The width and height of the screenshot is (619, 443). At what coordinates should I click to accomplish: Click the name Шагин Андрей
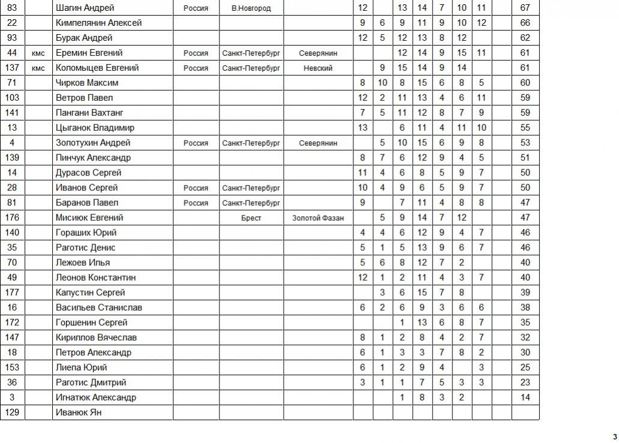point(84,8)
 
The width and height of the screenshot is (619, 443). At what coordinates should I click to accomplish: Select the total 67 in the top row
point(525,8)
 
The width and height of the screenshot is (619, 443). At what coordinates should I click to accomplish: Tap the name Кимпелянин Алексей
point(99,23)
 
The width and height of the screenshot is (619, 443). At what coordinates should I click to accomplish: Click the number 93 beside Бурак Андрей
point(12,38)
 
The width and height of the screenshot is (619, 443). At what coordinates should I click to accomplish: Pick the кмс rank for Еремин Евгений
point(38,53)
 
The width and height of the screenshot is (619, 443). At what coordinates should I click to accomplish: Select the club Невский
point(318,68)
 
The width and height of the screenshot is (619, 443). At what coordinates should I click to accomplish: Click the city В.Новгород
point(251,8)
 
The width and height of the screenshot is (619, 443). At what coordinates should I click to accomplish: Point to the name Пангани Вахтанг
point(89,113)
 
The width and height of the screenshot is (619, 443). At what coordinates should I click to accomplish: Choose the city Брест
point(251,218)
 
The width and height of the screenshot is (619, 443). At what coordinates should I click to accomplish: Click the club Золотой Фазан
point(318,218)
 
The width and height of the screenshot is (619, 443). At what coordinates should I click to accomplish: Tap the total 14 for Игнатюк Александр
point(525,397)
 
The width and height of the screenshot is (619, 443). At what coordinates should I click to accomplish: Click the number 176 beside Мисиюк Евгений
point(12,218)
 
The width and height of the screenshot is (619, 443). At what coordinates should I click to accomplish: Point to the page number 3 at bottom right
point(614,436)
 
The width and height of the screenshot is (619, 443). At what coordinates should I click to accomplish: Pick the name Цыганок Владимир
point(94,128)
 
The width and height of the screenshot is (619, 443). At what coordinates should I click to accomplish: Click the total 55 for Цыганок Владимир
point(525,128)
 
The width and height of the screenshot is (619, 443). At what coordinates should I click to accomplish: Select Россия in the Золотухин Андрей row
point(196,143)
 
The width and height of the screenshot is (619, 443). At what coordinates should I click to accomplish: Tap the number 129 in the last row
point(12,412)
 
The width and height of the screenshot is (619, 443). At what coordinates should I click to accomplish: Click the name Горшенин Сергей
point(91,322)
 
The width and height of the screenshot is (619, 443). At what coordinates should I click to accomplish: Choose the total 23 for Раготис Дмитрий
point(525,382)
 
